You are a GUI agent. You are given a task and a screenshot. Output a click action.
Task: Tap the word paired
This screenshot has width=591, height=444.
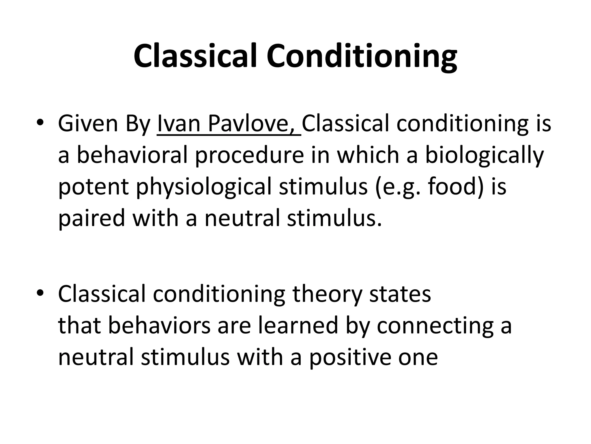pyautogui.click(x=91, y=219)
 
